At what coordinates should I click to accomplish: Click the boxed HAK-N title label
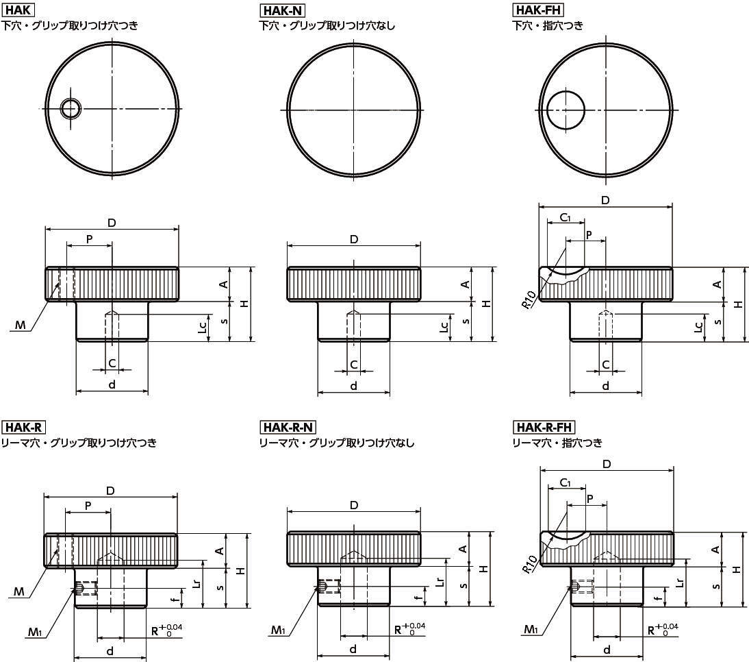tap(283, 10)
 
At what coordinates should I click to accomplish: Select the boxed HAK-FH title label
tap(538, 10)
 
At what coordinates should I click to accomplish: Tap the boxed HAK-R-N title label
tap(288, 427)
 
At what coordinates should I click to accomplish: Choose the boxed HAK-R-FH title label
tap(544, 427)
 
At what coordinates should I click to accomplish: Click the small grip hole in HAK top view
tap(71, 108)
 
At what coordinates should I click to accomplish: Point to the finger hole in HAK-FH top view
tap(566, 110)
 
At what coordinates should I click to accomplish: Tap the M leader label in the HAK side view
tap(20, 326)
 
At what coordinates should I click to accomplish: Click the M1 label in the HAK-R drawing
tap(35, 633)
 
